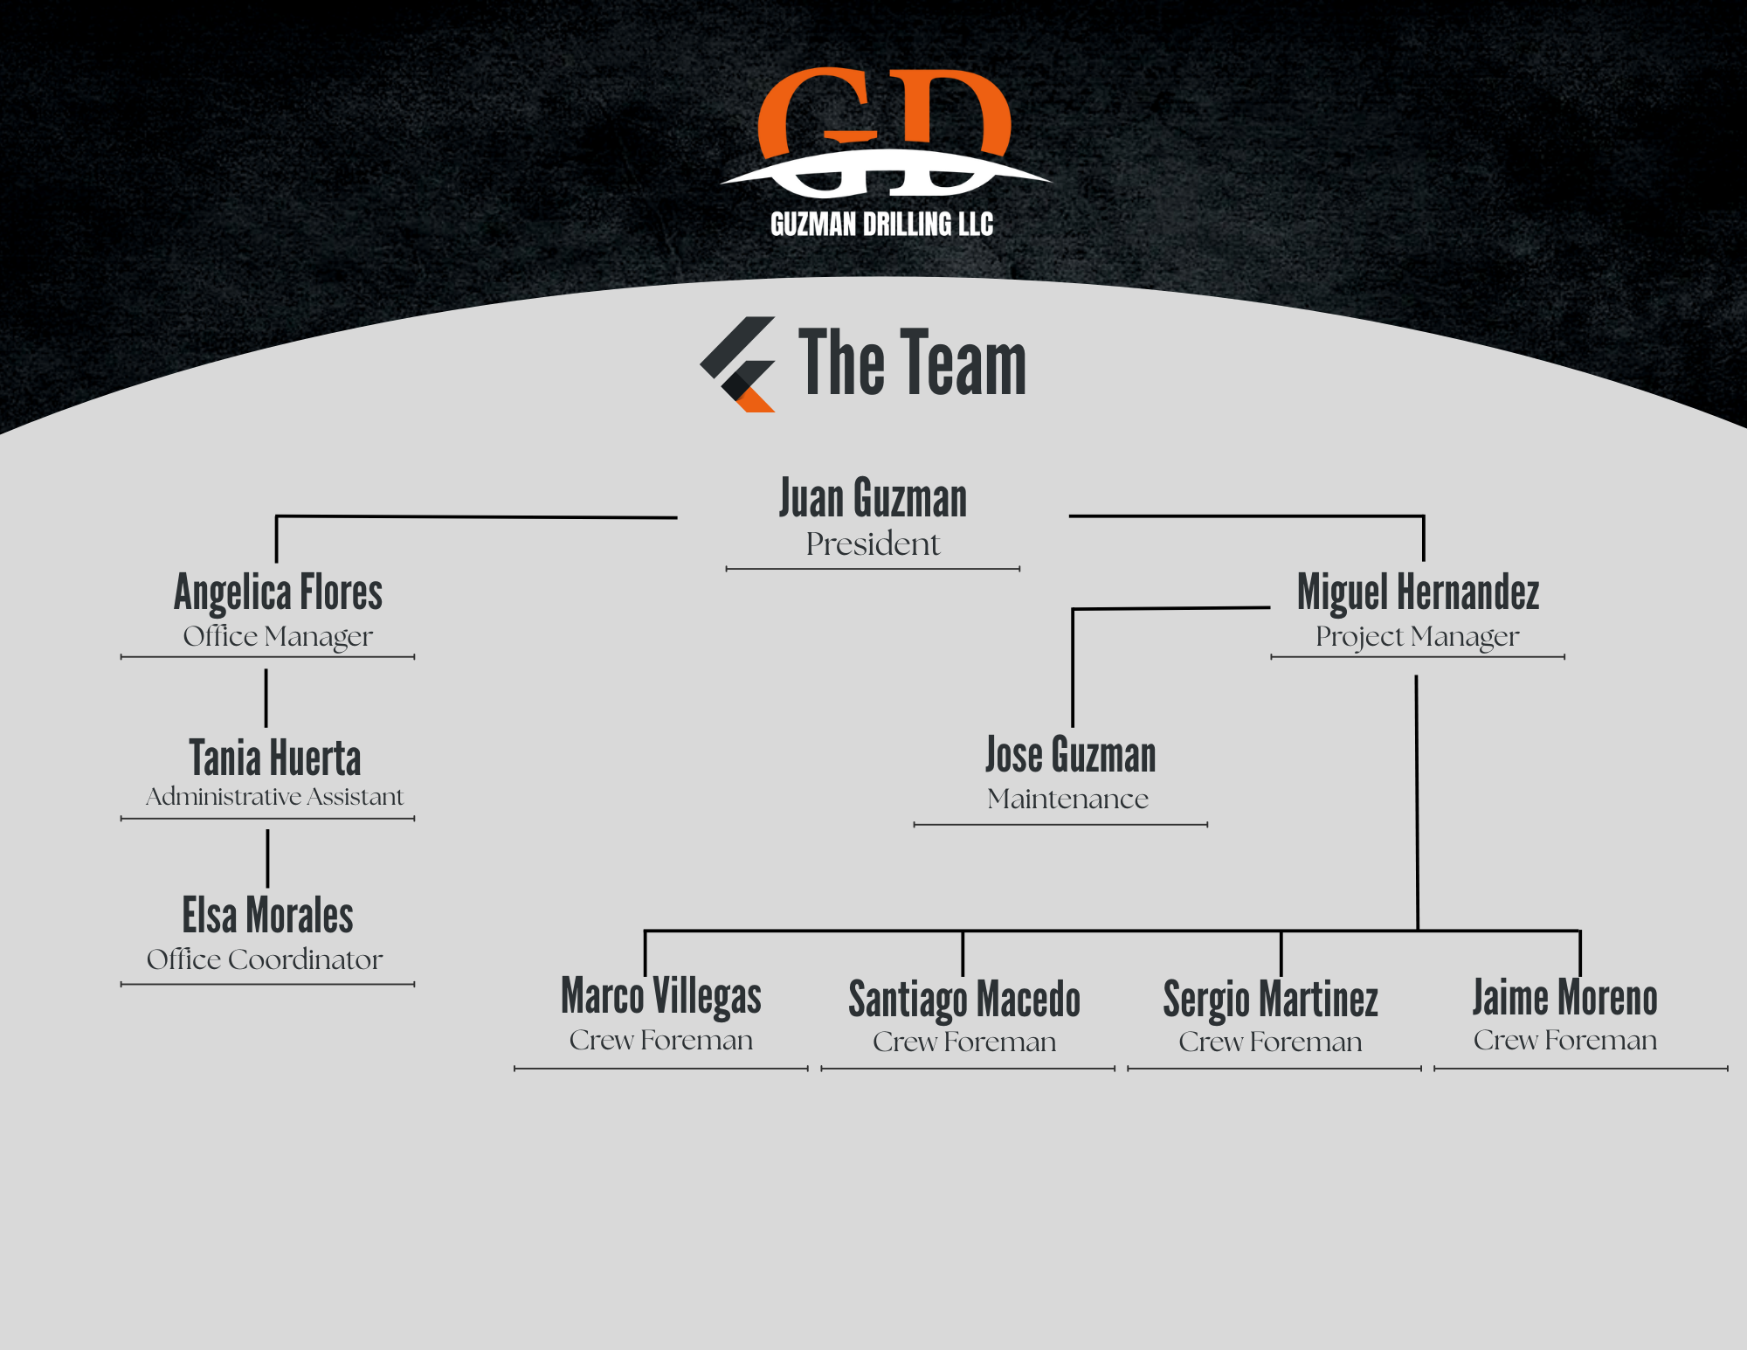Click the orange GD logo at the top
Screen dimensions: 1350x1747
click(884, 131)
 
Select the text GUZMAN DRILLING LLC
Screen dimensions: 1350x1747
click(881, 225)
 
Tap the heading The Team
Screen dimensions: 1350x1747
click(912, 363)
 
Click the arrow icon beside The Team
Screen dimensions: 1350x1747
click(739, 363)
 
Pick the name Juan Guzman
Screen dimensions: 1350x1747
click(873, 499)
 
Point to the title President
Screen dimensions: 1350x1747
click(873, 544)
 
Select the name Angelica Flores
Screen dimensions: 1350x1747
click(278, 592)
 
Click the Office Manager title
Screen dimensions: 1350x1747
click(278, 636)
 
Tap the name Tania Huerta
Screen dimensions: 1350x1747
click(275, 758)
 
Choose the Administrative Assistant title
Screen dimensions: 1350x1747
click(274, 797)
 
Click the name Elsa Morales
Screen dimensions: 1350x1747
click(267, 916)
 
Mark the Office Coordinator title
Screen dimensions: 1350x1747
click(265, 959)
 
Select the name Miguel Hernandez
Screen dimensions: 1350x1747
click(1418, 592)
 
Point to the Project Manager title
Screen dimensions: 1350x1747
click(1417, 636)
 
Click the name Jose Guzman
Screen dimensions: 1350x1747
click(1070, 755)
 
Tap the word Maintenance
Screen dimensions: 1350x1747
click(1067, 799)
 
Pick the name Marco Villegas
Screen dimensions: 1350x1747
click(661, 996)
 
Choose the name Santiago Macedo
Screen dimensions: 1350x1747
click(964, 1000)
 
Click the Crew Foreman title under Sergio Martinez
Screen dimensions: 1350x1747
click(1270, 1042)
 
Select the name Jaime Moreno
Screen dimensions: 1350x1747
click(1564, 998)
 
